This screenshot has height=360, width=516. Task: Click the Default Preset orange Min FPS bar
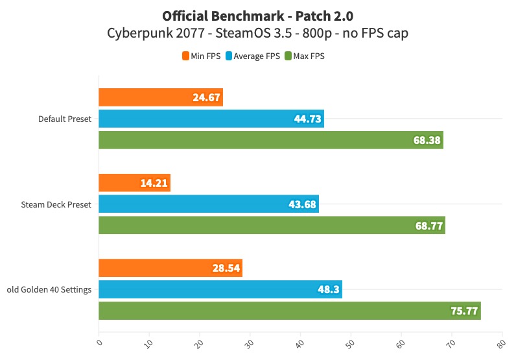(160, 98)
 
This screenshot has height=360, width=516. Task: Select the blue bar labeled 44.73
(211, 119)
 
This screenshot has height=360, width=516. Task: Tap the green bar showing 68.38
(270, 140)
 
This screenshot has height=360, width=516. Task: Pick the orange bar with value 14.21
(134, 183)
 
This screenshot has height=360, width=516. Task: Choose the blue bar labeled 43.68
(208, 204)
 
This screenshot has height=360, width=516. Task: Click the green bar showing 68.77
(272, 226)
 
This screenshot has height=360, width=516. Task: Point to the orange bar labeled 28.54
(170, 268)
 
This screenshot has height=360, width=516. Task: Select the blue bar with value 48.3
(220, 289)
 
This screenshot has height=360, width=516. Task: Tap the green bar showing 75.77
(289, 311)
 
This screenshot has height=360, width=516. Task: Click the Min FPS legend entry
(201, 56)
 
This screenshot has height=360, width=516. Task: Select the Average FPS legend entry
(253, 56)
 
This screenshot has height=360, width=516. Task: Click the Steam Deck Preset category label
(55, 204)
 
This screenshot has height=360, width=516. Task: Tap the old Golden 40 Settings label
(49, 289)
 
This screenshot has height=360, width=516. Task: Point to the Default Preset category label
(65, 119)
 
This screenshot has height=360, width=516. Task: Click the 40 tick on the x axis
(300, 340)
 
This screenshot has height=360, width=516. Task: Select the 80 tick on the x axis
(502, 340)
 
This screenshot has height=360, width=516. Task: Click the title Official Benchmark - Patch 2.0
(258, 15)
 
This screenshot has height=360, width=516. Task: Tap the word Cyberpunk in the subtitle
(138, 33)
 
